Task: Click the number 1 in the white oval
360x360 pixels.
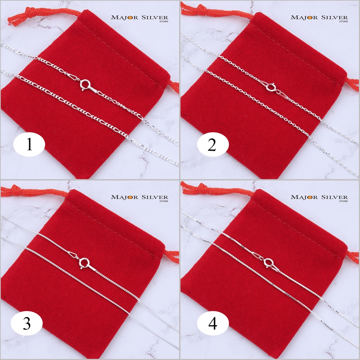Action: click(29, 144)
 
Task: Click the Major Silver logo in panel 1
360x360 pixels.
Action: click(140, 18)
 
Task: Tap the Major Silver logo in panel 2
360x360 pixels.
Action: click(319, 18)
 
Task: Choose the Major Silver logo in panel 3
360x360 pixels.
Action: click(140, 198)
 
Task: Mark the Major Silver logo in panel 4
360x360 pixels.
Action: click(319, 198)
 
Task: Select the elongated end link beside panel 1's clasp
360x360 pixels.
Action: click(73, 77)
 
